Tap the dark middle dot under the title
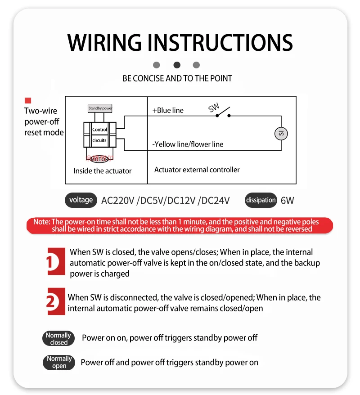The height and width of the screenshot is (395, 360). pyautogui.click(x=177, y=65)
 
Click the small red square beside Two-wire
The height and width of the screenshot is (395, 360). pyautogui.click(x=28, y=101)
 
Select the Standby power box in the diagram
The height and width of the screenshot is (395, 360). pyautogui.click(x=100, y=108)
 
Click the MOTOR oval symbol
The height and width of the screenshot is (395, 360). pyautogui.click(x=99, y=159)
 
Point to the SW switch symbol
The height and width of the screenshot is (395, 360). pyautogui.click(x=221, y=112)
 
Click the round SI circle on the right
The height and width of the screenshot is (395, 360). pyautogui.click(x=281, y=133)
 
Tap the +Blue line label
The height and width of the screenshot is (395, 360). pyautogui.click(x=168, y=110)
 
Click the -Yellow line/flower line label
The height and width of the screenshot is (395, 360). pyautogui.click(x=188, y=144)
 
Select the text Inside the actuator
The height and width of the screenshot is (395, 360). pyautogui.click(x=103, y=171)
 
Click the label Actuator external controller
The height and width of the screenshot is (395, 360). pyautogui.click(x=197, y=170)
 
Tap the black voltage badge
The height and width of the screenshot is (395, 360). pyautogui.click(x=81, y=200)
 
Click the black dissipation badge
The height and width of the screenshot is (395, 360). pyautogui.click(x=261, y=200)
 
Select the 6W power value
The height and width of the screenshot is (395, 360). pyautogui.click(x=287, y=201)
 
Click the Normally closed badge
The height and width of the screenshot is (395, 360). pyautogui.click(x=58, y=339)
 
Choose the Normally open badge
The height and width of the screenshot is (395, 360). pyautogui.click(x=59, y=362)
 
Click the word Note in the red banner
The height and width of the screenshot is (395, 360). pyautogui.click(x=41, y=222)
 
